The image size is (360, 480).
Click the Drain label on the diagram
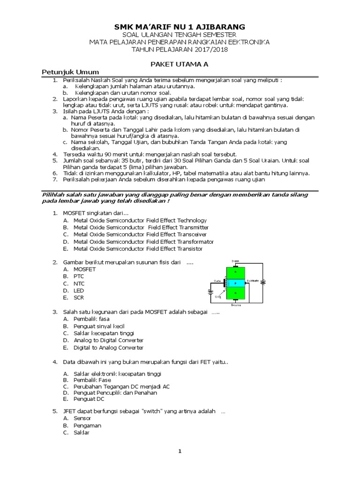pyautogui.click(x=235, y=261)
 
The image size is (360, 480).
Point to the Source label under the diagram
pyautogui.click(x=235, y=305)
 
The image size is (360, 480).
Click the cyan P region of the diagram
pyautogui.click(x=236, y=283)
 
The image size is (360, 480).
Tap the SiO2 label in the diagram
pyautogui.click(x=217, y=296)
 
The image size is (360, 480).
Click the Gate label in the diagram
pyautogui.click(x=217, y=281)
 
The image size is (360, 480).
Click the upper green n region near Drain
pyautogui.click(x=236, y=271)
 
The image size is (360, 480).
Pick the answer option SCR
pyautogui.click(x=79, y=298)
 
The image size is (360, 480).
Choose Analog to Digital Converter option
pyautogui.click(x=108, y=340)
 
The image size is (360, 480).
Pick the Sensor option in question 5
pyautogui.click(x=82, y=418)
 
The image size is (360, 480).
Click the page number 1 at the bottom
pyautogui.click(x=180, y=451)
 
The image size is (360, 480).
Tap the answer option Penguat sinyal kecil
pyautogui.click(x=99, y=326)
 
